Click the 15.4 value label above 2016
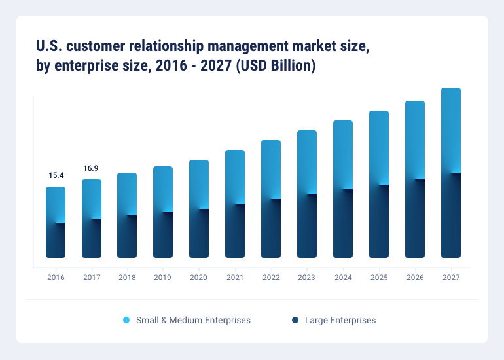click(56, 175)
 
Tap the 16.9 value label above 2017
click(91, 168)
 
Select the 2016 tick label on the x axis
click(56, 278)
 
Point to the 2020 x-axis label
click(199, 278)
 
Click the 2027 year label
click(450, 278)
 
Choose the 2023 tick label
click(306, 278)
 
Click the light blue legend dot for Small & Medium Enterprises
click(126, 320)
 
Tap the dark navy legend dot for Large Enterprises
click(295, 320)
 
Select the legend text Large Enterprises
click(340, 320)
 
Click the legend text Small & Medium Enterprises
click(193, 320)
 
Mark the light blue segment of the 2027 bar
click(450, 130)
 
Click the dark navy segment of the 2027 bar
click(450, 216)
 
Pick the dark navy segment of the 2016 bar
click(56, 241)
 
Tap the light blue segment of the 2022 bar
click(271, 169)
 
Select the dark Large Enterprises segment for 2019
click(163, 236)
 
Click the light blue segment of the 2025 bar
click(378, 147)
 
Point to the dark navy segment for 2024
click(343, 224)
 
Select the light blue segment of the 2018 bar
click(127, 193)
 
